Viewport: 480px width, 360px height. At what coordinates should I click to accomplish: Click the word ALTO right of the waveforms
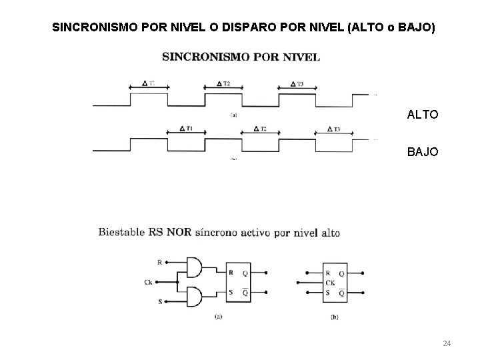click(x=423, y=115)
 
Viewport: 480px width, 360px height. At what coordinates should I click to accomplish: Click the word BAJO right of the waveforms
click(x=423, y=152)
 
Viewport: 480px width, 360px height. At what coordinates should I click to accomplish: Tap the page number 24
click(x=447, y=343)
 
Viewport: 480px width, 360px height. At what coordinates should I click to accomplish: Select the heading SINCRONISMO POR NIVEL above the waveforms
click(x=241, y=57)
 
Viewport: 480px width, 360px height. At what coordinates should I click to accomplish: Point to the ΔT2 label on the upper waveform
click(x=223, y=83)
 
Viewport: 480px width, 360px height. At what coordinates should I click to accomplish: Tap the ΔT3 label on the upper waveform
click(x=297, y=83)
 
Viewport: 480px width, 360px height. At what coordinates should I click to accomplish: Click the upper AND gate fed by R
click(x=195, y=267)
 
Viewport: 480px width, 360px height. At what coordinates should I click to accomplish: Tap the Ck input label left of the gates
click(x=149, y=282)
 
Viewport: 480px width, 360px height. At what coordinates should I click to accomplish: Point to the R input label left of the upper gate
click(x=159, y=262)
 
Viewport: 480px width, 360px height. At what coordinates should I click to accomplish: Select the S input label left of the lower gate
click(x=159, y=302)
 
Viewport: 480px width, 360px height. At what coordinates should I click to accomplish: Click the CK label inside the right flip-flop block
click(x=329, y=282)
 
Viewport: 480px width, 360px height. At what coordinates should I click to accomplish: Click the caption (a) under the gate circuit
click(x=218, y=317)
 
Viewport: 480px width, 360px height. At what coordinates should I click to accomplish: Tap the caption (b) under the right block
click(x=334, y=317)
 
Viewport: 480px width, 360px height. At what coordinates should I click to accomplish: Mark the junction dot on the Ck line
click(x=178, y=282)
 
